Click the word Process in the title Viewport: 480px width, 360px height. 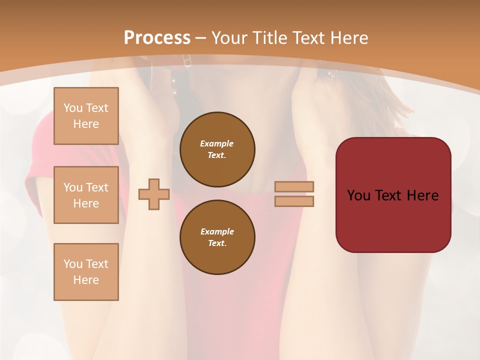click(157, 38)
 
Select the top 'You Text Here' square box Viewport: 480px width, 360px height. click(86, 116)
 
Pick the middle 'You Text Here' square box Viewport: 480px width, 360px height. click(86, 195)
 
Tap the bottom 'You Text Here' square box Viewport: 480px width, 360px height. click(86, 272)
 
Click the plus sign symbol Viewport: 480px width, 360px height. click(153, 194)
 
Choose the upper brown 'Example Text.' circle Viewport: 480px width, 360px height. click(217, 149)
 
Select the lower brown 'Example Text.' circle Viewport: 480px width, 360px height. click(217, 237)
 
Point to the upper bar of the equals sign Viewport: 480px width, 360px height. click(294, 186)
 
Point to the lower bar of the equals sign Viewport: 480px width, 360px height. click(294, 201)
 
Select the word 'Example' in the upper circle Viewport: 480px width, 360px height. click(217, 144)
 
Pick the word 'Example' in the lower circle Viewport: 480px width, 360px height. click(217, 232)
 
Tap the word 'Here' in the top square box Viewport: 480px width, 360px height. click(86, 124)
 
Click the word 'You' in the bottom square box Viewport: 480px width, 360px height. click(73, 264)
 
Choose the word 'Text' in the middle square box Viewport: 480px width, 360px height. click(96, 187)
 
